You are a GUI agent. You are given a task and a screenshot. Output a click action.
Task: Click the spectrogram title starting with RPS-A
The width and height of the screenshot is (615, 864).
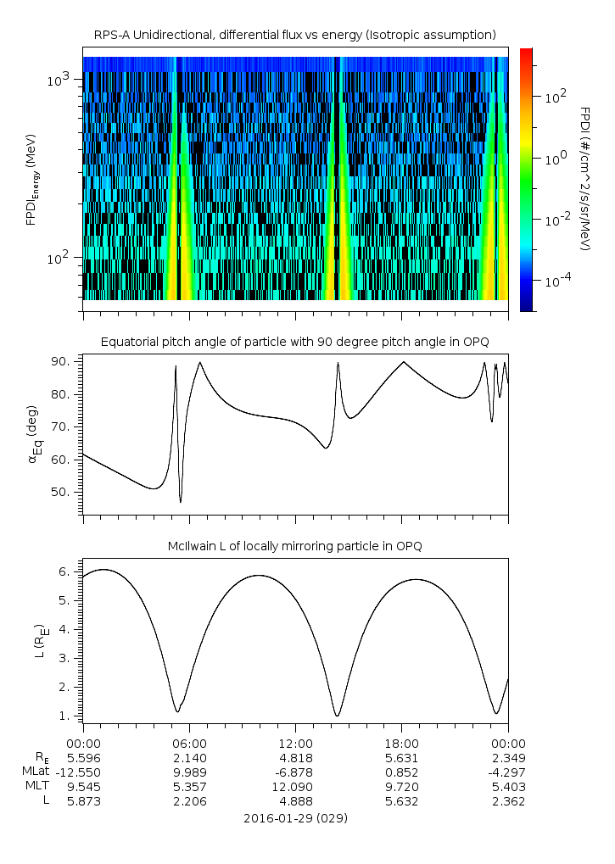coord(294,34)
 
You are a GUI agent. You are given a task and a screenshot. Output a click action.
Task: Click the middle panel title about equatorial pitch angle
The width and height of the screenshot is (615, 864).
coord(294,342)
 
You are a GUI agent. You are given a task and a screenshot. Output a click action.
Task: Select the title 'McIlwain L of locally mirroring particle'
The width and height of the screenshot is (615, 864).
coord(294,546)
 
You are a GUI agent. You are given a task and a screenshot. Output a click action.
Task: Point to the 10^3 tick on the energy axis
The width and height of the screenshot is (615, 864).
coord(60,80)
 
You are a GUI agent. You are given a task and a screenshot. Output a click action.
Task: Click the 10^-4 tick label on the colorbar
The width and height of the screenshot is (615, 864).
coord(556,279)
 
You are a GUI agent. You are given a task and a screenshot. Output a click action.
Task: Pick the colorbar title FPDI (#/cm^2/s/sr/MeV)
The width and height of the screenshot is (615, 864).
coord(584,179)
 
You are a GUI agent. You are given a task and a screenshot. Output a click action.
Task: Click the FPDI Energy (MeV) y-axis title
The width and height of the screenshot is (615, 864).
coord(31,179)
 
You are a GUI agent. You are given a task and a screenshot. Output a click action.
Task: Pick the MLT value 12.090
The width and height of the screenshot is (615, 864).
coord(295,785)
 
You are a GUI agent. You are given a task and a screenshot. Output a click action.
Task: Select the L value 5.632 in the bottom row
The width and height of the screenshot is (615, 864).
coord(401,800)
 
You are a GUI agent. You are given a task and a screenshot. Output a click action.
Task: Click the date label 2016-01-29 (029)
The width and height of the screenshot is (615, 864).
coord(294,818)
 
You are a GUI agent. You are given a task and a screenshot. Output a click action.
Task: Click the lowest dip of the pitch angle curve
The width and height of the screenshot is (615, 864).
coord(181,502)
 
